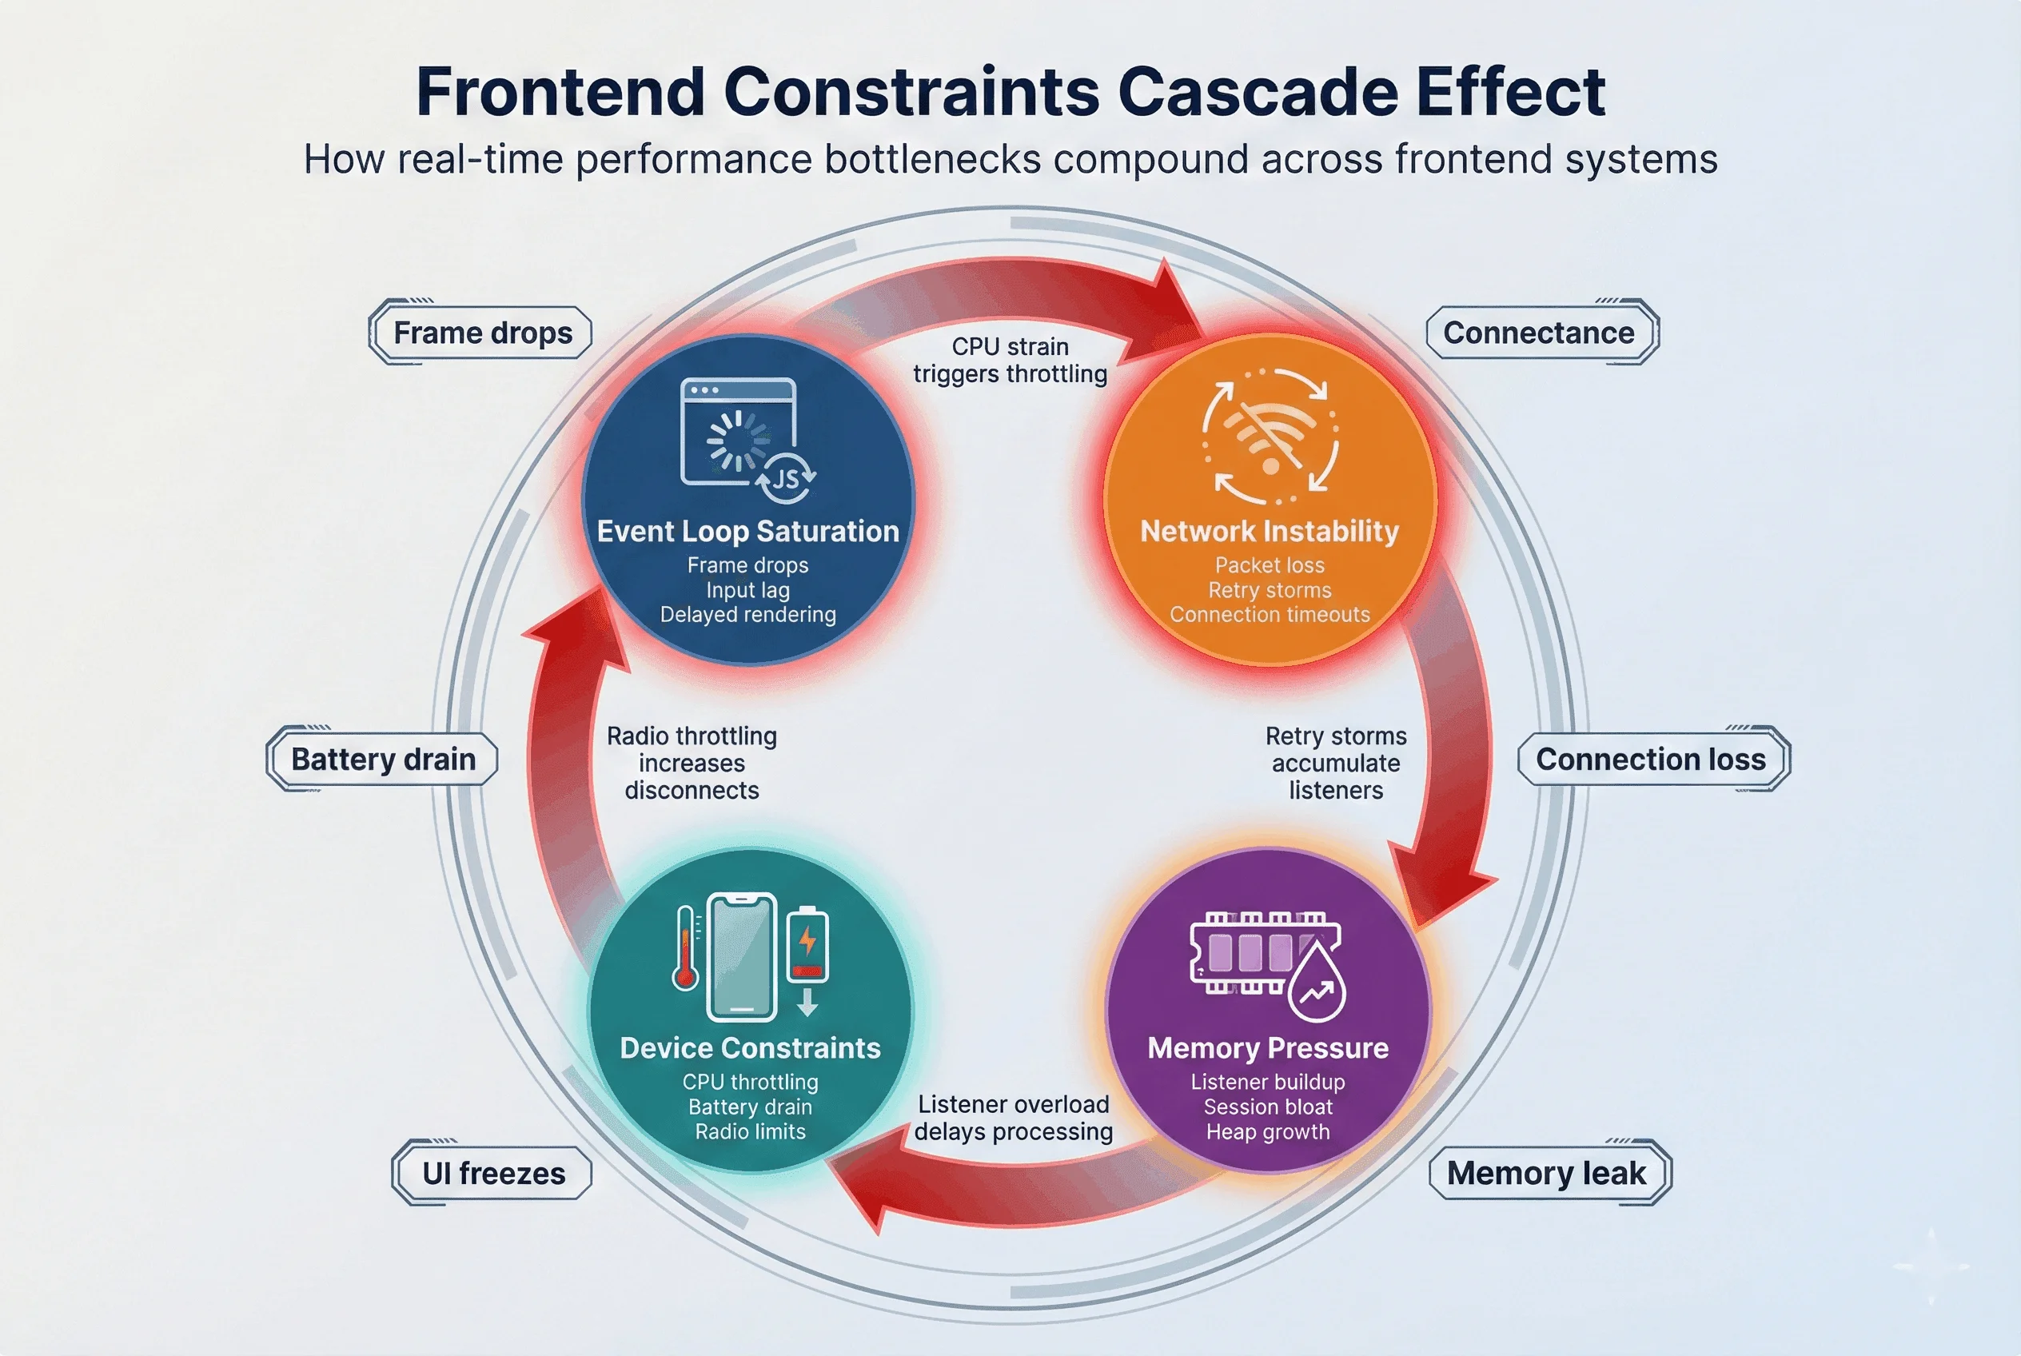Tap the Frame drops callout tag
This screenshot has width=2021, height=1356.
point(482,333)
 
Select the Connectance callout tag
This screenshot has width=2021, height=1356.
point(1538,333)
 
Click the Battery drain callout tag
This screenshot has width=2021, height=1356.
point(382,760)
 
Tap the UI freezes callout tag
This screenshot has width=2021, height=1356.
point(493,1174)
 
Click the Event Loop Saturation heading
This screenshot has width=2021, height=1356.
point(748,531)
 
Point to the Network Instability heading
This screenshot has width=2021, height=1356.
point(1270,531)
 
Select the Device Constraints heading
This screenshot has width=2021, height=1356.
point(750,1048)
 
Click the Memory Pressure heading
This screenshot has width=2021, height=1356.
point(1268,1048)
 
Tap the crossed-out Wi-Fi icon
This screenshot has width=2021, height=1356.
point(1270,436)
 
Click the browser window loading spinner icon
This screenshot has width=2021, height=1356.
point(738,437)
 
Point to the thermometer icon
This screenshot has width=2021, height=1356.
point(686,949)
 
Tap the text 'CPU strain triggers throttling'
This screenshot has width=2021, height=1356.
point(1010,361)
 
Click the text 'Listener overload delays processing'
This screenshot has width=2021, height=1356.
point(1014,1119)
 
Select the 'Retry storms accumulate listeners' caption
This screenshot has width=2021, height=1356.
point(1335,763)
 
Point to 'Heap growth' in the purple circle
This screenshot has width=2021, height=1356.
point(1268,1132)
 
